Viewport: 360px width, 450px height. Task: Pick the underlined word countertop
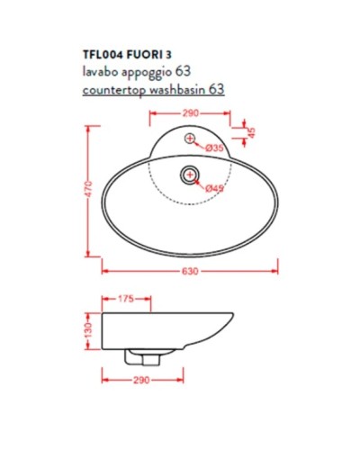click(x=113, y=90)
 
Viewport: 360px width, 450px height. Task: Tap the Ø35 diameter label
click(x=214, y=148)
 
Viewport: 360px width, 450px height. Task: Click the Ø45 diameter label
click(x=213, y=187)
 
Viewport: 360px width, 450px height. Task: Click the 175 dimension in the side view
click(x=126, y=298)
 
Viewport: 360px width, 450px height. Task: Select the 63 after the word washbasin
click(x=216, y=90)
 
